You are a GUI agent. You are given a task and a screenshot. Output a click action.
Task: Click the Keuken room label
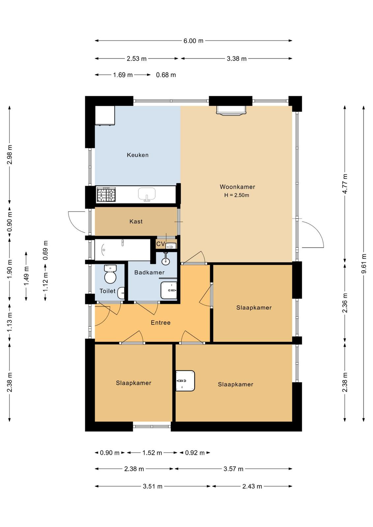pos(137,155)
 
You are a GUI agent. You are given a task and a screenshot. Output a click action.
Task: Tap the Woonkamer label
pos(238,187)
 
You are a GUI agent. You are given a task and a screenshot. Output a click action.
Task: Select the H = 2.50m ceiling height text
pos(237,195)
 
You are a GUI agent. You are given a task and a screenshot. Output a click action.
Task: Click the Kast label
pos(136,221)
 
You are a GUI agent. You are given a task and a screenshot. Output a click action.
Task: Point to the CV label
pos(160,244)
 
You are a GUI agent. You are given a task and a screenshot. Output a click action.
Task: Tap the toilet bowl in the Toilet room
pos(110,274)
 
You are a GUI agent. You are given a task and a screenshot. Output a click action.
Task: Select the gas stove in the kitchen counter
pos(106,194)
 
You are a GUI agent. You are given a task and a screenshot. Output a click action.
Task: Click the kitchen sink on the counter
pos(147,194)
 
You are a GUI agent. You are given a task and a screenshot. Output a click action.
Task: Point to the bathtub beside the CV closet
pos(122,250)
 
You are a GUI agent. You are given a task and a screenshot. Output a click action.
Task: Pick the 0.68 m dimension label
pos(166,75)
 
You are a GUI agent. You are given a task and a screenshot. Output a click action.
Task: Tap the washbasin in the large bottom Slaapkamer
pos(185,381)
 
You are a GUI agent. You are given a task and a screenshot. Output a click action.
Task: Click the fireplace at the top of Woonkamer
pos(231,110)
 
